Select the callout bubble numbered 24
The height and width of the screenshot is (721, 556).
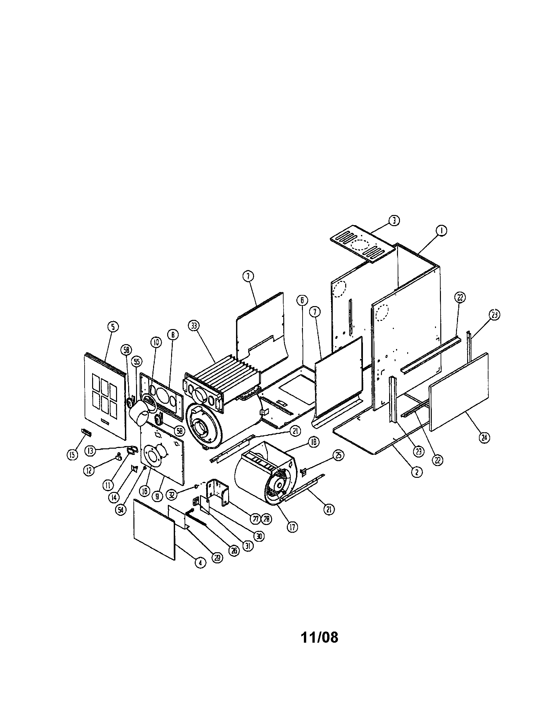point(484,438)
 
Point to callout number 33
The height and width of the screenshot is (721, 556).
point(194,326)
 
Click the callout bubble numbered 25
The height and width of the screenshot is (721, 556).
point(338,455)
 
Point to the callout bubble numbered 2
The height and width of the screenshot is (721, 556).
point(417,472)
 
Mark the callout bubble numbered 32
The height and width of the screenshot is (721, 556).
point(172,494)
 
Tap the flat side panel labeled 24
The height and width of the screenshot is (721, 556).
point(459,391)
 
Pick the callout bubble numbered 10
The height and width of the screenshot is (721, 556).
point(156,342)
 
